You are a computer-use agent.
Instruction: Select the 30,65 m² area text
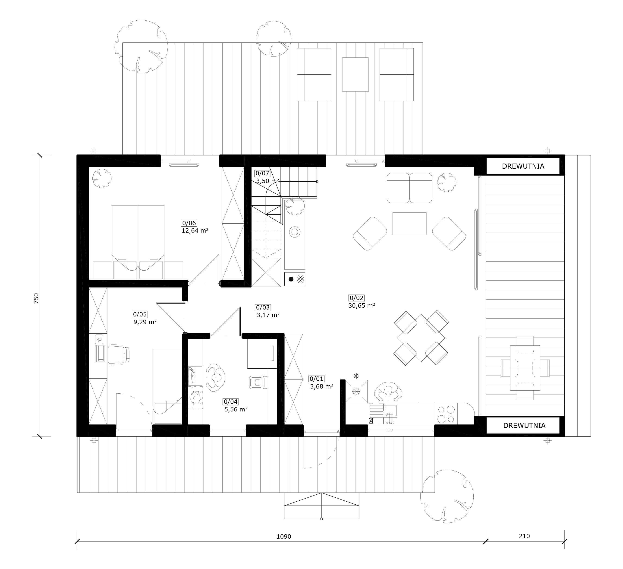tap(362, 306)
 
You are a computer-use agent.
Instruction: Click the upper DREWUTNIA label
tap(523, 166)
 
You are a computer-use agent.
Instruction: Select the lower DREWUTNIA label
tap(524, 425)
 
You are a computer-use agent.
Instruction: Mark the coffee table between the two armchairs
tap(409, 224)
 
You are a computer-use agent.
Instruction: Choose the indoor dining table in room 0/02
tap(421, 338)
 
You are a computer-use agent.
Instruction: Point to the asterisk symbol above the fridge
tap(356, 376)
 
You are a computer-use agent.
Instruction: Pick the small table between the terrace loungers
tap(355, 75)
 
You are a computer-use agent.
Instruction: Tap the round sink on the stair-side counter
tap(295, 231)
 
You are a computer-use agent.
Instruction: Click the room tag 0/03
tap(263, 307)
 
